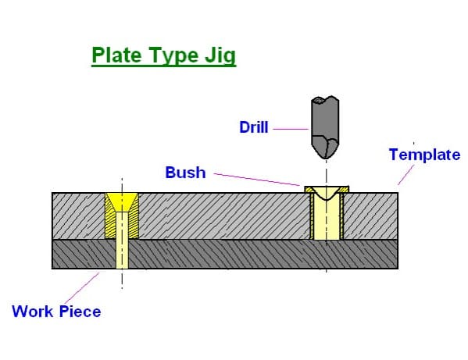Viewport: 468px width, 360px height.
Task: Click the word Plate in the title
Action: pos(115,55)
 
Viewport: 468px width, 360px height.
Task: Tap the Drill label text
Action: pos(254,127)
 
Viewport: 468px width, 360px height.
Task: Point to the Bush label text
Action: pos(185,172)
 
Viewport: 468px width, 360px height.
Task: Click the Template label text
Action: pos(424,155)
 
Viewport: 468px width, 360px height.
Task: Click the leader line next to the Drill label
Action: pos(290,127)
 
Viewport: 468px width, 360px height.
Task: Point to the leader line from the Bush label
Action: pos(258,180)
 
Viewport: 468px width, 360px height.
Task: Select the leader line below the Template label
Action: pos(405,176)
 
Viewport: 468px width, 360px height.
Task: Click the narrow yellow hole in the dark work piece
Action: pos(122,254)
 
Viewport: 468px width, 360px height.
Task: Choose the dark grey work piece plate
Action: pos(234,255)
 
